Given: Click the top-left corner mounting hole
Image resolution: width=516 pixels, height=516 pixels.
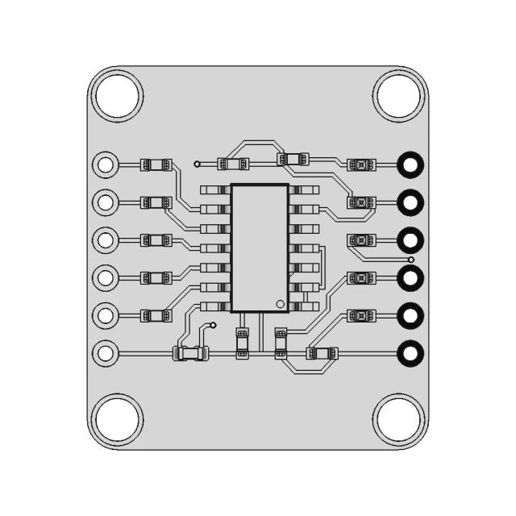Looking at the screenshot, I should [119, 94].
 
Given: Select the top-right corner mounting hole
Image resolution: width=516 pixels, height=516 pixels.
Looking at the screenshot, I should [397, 94].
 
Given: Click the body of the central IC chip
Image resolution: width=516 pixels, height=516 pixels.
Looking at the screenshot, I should [259, 247].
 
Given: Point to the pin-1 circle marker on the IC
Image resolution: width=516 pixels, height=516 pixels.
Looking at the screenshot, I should [279, 304].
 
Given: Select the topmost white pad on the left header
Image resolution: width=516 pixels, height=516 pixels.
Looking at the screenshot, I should [105, 164].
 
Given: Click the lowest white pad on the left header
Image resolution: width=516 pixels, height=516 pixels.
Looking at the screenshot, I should [105, 352].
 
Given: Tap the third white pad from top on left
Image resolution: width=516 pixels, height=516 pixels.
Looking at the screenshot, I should [105, 239].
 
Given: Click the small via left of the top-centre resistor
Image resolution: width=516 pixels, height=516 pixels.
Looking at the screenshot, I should [197, 164].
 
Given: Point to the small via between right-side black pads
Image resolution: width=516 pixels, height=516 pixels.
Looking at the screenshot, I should [410, 260].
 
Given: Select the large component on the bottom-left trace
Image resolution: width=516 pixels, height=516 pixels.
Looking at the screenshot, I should [191, 352].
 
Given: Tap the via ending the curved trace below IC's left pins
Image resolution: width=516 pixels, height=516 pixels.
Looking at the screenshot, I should [214, 326].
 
